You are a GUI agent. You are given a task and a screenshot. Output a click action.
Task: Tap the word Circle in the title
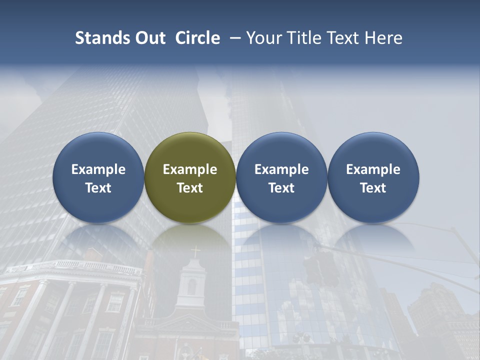tap(197, 38)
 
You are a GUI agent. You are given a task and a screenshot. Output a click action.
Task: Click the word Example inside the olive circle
tap(190, 169)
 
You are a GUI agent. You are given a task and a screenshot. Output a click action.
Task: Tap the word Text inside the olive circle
tap(190, 188)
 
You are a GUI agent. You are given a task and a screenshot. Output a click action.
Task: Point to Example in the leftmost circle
tap(98, 169)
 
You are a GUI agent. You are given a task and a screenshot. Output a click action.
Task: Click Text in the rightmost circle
tap(373, 188)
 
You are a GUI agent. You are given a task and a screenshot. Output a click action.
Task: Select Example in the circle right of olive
tap(281, 169)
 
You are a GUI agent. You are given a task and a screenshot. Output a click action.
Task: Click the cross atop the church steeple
tap(195, 251)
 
